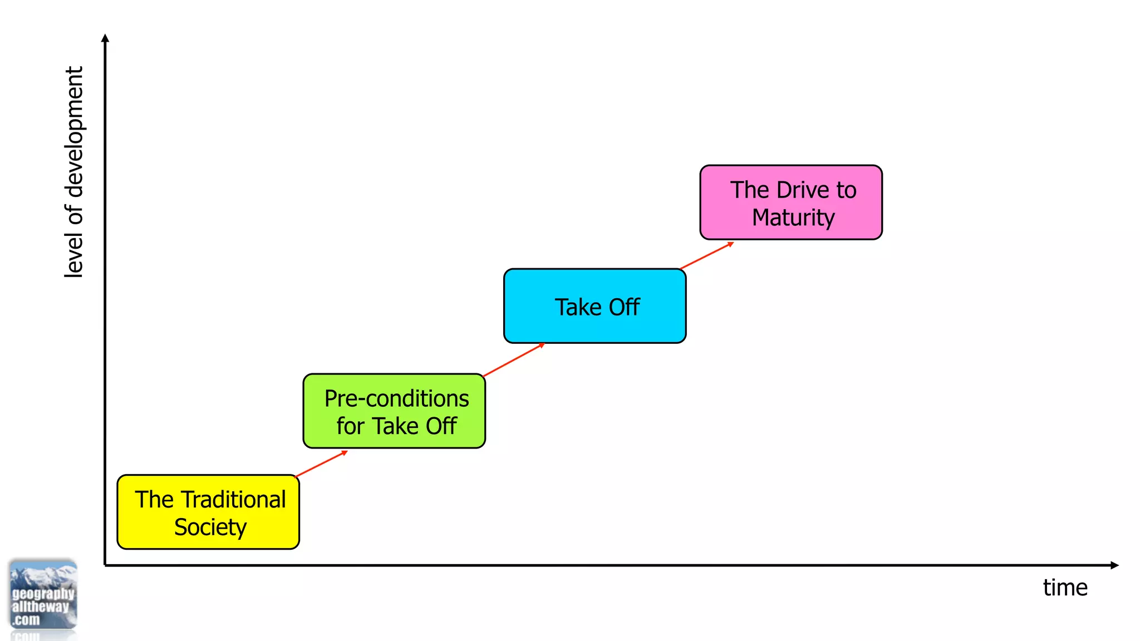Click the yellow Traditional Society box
point(208,512)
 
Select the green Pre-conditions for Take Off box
point(394,411)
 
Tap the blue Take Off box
point(594,306)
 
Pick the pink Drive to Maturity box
point(790,203)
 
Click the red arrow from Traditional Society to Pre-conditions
point(321,464)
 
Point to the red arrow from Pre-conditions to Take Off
point(513,360)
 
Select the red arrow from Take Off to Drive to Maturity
point(706,256)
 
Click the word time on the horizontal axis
point(1065,588)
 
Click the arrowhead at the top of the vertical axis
point(105,38)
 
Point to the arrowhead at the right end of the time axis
point(1114,565)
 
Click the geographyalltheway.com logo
point(43,595)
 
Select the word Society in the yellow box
point(210,527)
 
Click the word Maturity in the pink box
point(793,218)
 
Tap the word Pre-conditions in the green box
point(396,399)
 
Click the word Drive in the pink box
point(795,190)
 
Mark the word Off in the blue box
point(624,307)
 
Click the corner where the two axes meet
point(105,565)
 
